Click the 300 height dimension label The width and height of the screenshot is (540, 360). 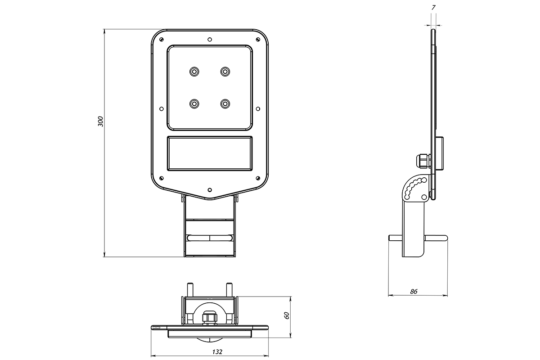100,121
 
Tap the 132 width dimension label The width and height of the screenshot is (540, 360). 217,352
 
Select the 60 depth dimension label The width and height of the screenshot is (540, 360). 287,315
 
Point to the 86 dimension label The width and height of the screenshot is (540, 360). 414,292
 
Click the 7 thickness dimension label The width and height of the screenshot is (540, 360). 433,8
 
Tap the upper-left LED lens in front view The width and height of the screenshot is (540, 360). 194,72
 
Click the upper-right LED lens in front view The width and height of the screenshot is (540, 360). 225,72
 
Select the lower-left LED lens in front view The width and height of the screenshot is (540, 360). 194,104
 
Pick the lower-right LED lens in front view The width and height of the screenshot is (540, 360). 225,104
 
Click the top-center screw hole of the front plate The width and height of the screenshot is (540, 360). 210,39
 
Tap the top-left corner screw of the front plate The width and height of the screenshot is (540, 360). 162,39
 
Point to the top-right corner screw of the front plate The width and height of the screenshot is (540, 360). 258,39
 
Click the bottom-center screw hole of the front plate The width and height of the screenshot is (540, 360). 210,190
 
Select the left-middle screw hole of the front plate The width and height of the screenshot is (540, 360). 162,109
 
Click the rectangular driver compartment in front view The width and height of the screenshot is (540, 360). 210,153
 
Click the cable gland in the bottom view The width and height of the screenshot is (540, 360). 210,318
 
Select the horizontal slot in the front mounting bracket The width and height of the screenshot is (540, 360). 210,238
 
